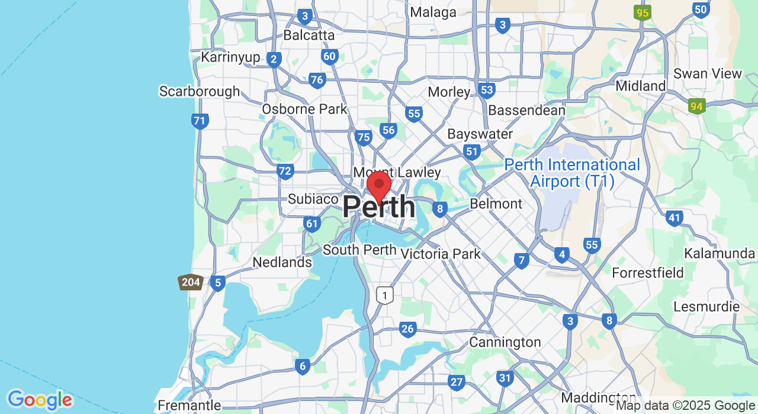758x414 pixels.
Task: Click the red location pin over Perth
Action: pos(379,186)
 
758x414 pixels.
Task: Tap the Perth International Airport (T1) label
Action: pos(572,173)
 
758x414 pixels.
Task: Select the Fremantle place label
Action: pos(189,406)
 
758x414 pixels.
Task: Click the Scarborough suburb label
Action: pos(200,91)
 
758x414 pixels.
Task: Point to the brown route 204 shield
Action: pos(191,282)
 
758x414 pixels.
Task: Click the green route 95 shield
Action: pos(641,12)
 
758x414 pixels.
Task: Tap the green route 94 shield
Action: pos(696,106)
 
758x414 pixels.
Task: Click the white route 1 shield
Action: pos(385,295)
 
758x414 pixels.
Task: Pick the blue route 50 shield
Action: pos(701,9)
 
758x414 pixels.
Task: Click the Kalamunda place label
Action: pos(719,254)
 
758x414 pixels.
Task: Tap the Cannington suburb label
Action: pos(505,342)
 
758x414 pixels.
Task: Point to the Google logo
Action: pos(40,400)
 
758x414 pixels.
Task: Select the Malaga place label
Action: pos(433,12)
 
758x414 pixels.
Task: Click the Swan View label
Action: pos(708,74)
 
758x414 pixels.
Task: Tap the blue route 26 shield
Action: pos(407,329)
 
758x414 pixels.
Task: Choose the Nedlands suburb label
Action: pos(282,262)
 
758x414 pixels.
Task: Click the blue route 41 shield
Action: pos(674,218)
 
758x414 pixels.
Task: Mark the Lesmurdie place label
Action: pos(706,307)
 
